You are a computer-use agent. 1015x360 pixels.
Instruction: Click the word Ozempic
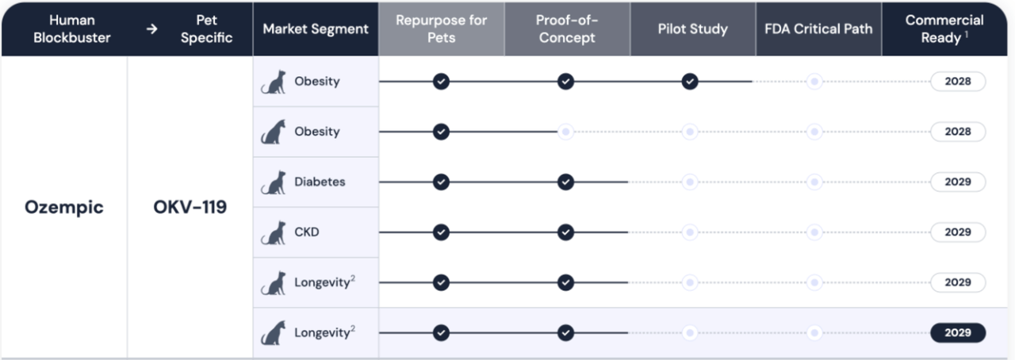pos(64,208)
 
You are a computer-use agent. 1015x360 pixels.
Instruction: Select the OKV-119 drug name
pos(190,207)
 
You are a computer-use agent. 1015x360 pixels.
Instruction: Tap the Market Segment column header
pos(316,29)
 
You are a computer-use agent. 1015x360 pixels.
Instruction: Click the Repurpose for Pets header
pos(441,29)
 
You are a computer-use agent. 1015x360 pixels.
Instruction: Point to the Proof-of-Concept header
pos(567,29)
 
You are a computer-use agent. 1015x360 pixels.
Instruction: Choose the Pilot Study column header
pos(692,29)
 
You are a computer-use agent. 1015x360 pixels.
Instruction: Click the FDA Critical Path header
pos(818,29)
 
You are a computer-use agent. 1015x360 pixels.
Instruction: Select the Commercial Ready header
pos(944,29)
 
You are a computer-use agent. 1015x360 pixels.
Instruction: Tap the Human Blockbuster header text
pos(71,29)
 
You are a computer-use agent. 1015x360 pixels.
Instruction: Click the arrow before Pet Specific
pos(151,29)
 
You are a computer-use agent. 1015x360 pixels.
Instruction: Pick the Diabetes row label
pos(320,182)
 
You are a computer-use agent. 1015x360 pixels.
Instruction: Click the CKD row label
pos(307,232)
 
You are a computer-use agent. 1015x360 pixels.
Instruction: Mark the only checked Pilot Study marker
pos(690,82)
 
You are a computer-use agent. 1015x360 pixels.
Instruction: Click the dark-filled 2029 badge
pos(957,333)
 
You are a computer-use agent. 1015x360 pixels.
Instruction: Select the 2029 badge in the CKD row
pos(957,232)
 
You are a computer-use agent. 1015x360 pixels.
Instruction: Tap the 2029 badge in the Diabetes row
pos(957,182)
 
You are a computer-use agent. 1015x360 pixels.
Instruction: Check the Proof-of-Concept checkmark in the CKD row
pos(565,232)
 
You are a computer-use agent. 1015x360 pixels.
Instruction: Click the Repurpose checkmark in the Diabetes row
pos(441,182)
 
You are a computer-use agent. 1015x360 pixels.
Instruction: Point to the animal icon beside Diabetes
pos(274,182)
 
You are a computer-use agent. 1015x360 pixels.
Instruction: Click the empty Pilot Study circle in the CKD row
pos(690,232)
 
